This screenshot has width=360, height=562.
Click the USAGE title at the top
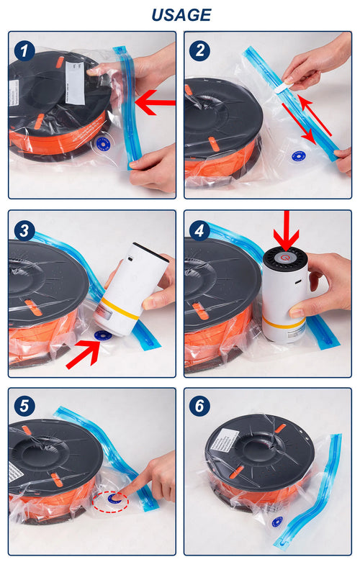[181, 14]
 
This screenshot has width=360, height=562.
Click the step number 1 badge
[25, 50]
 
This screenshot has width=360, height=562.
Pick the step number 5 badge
[25, 406]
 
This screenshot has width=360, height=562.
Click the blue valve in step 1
[102, 143]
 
